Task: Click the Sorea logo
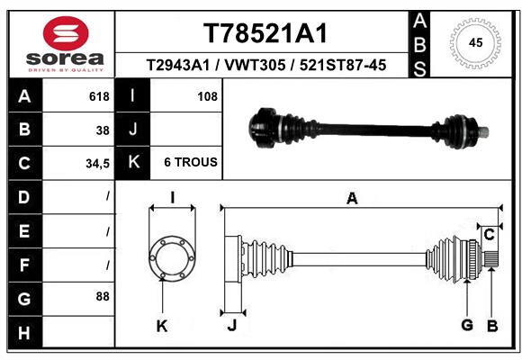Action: click(66, 43)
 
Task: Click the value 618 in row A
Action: click(99, 96)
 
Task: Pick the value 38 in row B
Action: click(103, 130)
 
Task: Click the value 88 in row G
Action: click(102, 296)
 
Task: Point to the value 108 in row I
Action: click(207, 96)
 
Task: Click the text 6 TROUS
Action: click(190, 163)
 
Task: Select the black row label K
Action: click(133, 163)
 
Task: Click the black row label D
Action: click(23, 197)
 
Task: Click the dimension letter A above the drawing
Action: click(352, 199)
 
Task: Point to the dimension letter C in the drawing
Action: click(489, 235)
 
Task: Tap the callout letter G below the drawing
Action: click(467, 325)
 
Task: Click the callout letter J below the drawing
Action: click(231, 325)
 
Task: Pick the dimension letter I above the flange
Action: click(171, 199)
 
